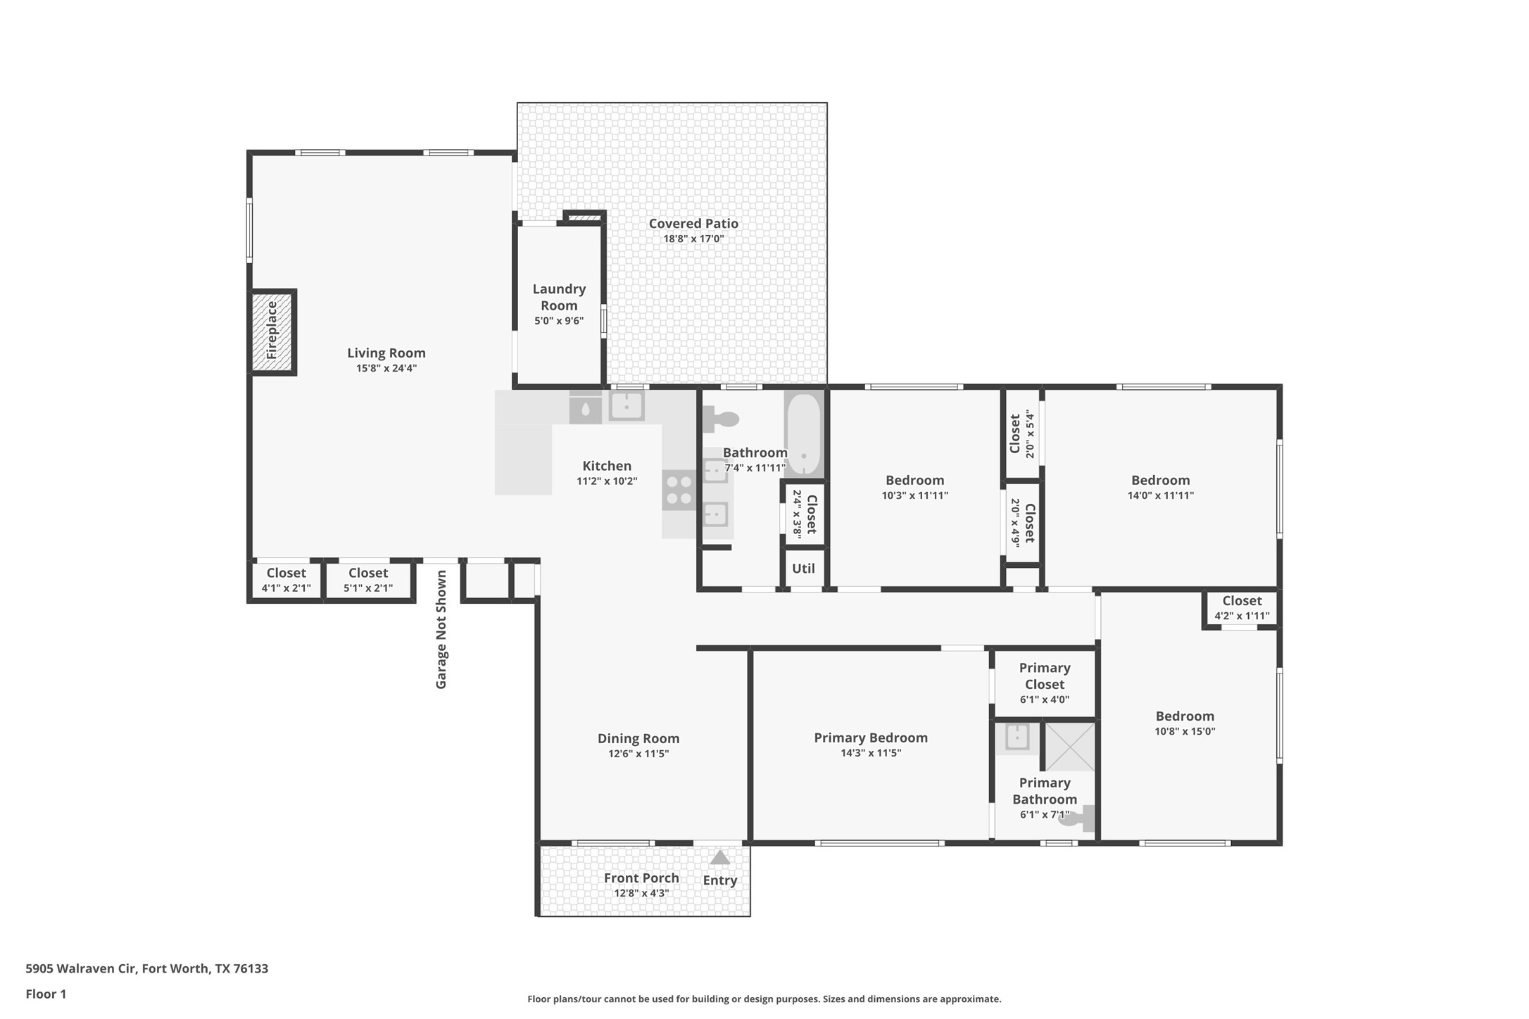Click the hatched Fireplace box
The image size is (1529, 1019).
[272, 331]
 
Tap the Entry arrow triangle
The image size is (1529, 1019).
[719, 857]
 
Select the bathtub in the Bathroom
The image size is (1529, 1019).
[803, 433]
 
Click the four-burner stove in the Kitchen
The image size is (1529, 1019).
[679, 490]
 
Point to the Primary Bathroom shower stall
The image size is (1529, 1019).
[1069, 747]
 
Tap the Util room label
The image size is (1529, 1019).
[803, 569]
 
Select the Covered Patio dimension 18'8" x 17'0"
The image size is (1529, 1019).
[693, 239]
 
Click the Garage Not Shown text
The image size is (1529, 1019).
[441, 630]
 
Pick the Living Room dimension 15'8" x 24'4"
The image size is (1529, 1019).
[386, 368]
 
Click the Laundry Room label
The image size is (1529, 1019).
[559, 297]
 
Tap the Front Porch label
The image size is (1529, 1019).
[641, 878]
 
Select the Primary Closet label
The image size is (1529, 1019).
[1045, 676]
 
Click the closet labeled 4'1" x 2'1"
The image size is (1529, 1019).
[286, 581]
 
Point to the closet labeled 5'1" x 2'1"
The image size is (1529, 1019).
[368, 581]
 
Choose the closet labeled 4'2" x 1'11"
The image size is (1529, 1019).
[1242, 608]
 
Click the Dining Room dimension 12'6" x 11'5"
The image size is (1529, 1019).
[638, 754]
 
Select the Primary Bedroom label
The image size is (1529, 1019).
[871, 738]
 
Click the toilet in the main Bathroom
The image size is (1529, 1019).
[720, 419]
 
